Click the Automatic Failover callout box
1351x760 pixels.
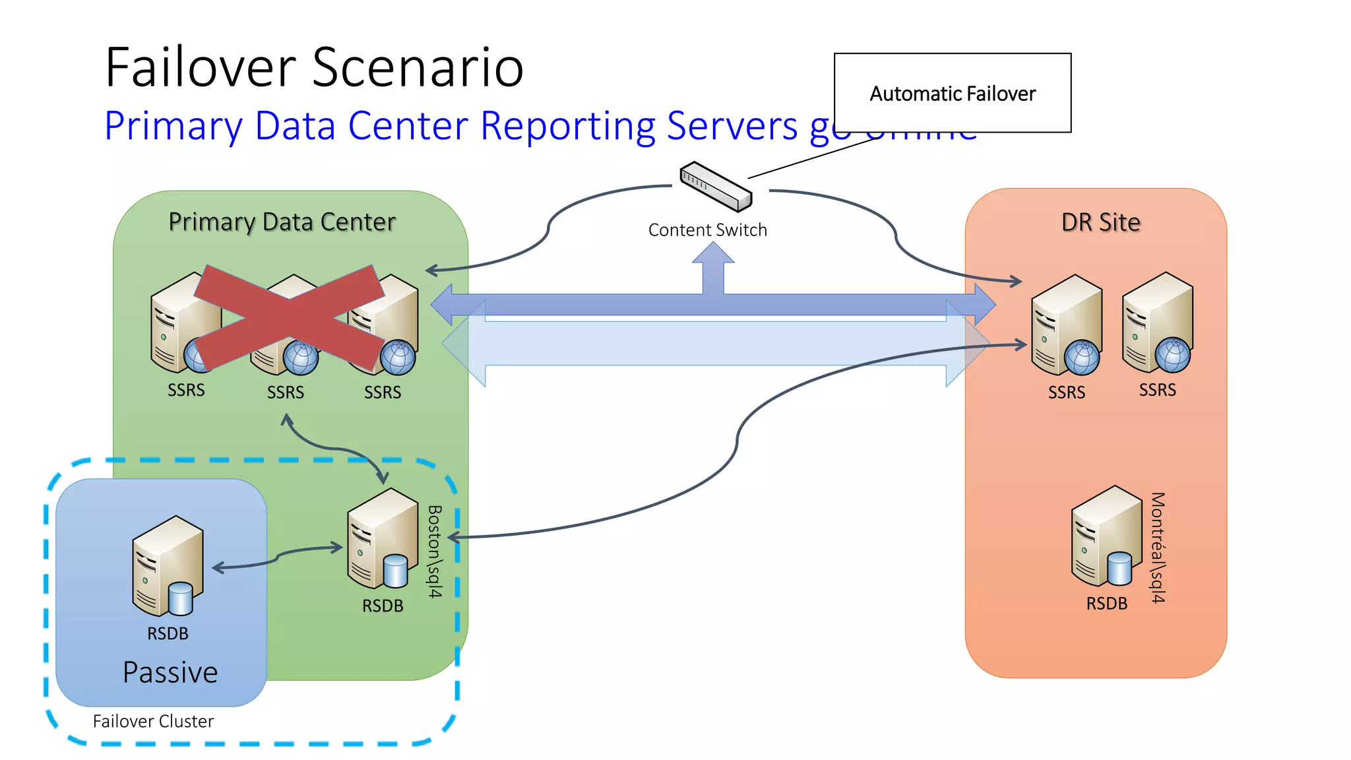952,93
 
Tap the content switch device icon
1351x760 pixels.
716,186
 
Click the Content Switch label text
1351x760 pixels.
707,230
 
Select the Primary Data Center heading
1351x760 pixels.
282,222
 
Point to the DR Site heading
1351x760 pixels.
1100,222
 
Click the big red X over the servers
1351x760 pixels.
289,317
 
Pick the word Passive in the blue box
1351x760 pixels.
170,672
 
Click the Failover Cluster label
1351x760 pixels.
153,721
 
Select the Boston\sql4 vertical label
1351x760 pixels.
434,552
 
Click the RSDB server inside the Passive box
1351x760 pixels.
167,566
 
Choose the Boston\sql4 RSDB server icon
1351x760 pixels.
382,538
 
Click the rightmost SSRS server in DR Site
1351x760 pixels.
1157,323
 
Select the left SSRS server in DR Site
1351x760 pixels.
1066,325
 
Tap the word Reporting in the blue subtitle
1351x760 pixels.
568,125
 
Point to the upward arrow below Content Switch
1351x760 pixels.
713,267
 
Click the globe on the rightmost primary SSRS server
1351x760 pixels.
398,357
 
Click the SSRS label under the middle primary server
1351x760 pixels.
285,393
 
